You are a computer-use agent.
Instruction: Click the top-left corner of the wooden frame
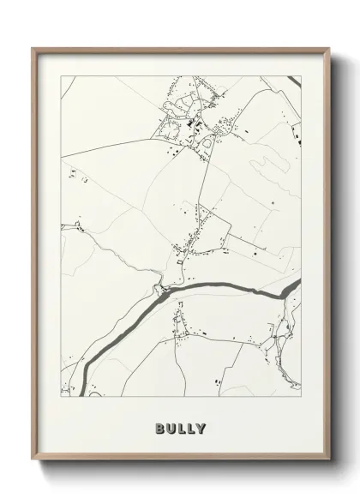(x=33, y=49)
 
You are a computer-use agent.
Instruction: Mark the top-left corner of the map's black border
(x=59, y=75)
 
